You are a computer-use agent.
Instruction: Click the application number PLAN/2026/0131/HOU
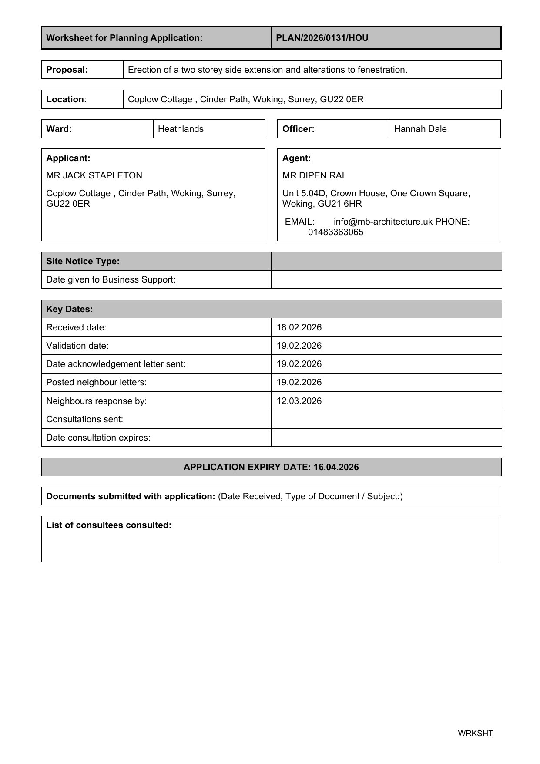click(x=322, y=38)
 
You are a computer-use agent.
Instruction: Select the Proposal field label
click(x=67, y=70)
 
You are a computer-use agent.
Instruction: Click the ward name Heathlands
click(x=181, y=129)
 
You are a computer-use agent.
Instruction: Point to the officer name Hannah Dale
click(x=420, y=129)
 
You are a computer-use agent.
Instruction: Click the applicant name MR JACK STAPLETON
click(x=94, y=175)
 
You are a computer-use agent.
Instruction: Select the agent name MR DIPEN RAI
click(x=313, y=175)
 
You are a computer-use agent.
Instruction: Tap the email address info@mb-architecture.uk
click(x=383, y=222)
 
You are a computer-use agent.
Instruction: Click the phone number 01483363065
click(x=335, y=232)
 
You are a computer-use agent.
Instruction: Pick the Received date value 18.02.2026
click(x=299, y=327)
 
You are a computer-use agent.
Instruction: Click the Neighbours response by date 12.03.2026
click(x=299, y=401)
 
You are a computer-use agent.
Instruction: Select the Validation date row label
click(x=77, y=346)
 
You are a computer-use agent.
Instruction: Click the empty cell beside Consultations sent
click(x=386, y=419)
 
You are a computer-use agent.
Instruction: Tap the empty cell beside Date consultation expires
click(x=386, y=438)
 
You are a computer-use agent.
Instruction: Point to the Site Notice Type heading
click(x=83, y=261)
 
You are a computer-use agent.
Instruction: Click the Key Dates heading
click(x=70, y=309)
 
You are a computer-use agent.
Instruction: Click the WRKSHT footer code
click(x=475, y=734)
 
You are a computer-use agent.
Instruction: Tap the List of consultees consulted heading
click(x=109, y=525)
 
